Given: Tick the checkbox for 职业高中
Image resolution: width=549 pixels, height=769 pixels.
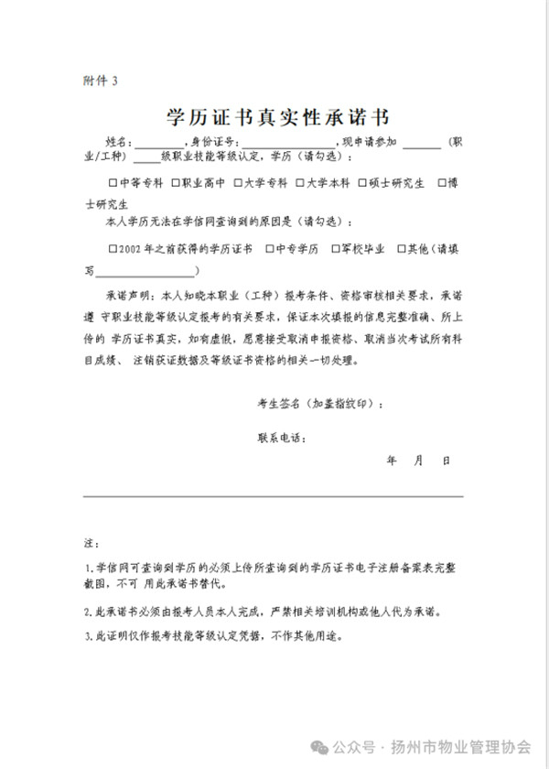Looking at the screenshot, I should point(175,183).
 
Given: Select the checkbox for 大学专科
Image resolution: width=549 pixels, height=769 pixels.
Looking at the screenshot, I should point(238,183).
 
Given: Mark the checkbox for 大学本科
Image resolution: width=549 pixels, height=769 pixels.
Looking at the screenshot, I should point(300,183).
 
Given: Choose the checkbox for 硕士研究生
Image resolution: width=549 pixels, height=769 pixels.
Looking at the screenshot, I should point(362,183).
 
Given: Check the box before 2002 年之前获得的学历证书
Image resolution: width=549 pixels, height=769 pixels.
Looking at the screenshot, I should point(112,248).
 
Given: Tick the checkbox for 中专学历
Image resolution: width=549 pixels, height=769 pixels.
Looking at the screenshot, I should point(270,248).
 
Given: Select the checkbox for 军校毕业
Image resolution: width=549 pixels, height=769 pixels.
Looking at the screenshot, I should point(334,248).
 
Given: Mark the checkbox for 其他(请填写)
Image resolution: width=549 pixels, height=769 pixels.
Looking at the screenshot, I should point(401,248).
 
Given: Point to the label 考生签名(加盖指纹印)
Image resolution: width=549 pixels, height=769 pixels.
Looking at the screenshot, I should point(321,404).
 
